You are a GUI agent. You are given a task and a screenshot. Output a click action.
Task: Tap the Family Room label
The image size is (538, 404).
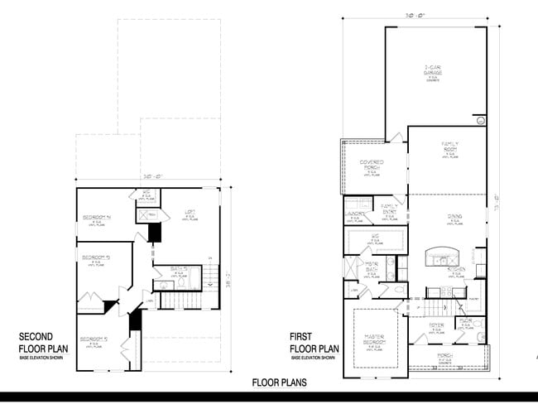(449, 148)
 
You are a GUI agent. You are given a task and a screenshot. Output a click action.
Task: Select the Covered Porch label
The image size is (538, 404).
(370, 165)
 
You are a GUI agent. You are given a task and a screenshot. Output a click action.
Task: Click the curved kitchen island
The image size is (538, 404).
(440, 254)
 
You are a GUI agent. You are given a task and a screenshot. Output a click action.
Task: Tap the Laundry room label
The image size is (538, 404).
(357, 213)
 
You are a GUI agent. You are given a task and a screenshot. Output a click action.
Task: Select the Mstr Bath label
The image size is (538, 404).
(372, 269)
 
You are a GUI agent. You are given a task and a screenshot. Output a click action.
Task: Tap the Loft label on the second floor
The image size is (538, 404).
(190, 214)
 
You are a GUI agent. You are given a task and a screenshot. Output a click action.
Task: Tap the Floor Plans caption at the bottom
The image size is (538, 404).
(280, 382)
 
